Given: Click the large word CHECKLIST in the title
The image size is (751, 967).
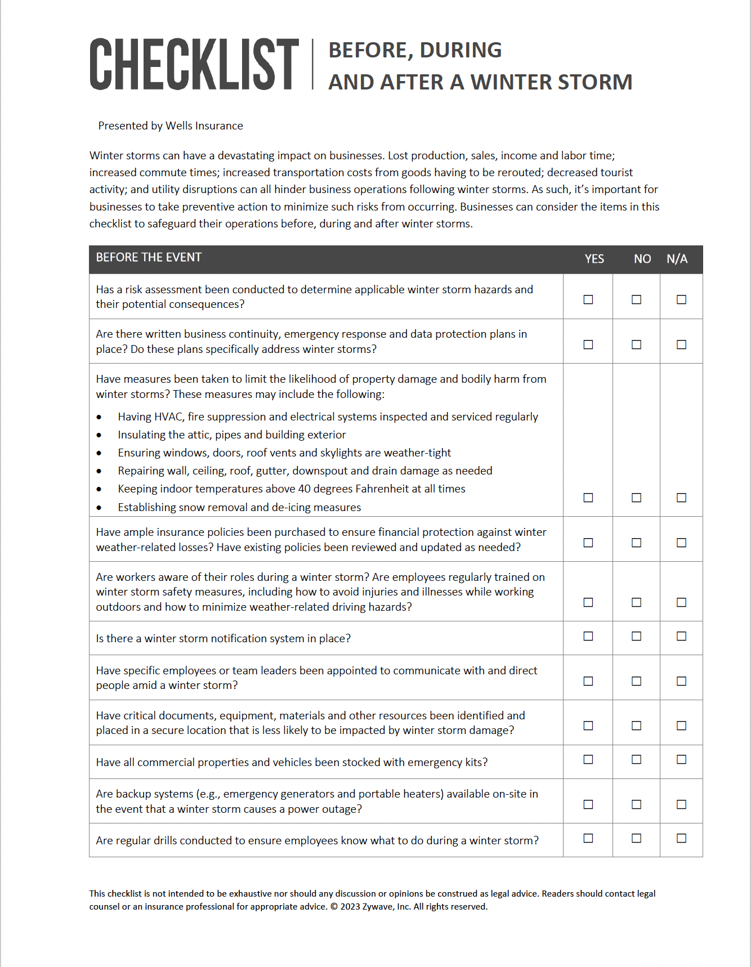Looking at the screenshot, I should [x=194, y=65].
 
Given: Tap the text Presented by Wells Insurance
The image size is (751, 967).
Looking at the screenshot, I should [x=171, y=126].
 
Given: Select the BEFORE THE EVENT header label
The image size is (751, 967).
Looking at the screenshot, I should [x=149, y=257].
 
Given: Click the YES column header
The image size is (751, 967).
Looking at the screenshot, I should [x=594, y=259].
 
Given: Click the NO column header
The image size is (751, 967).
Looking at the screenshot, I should [x=642, y=259].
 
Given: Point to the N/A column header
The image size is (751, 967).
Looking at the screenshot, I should [x=677, y=259].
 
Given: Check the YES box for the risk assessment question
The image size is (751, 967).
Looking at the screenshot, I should [x=588, y=299].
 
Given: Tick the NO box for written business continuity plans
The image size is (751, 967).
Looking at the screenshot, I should [x=636, y=344].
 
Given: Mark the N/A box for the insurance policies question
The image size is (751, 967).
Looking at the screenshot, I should [x=681, y=543].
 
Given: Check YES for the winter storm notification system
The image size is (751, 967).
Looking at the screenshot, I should [x=588, y=636].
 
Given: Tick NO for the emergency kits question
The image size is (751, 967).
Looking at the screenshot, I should [x=636, y=759].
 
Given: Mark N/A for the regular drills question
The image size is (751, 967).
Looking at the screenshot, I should [x=681, y=838].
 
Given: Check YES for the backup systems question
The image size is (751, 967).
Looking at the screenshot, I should [x=588, y=804].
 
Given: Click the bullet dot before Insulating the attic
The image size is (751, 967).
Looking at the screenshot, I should [x=99, y=435].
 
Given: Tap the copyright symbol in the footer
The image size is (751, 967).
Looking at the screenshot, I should [x=334, y=907].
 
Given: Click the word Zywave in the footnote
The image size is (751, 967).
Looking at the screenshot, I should [x=378, y=907].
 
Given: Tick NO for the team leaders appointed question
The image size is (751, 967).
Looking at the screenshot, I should [x=636, y=681].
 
